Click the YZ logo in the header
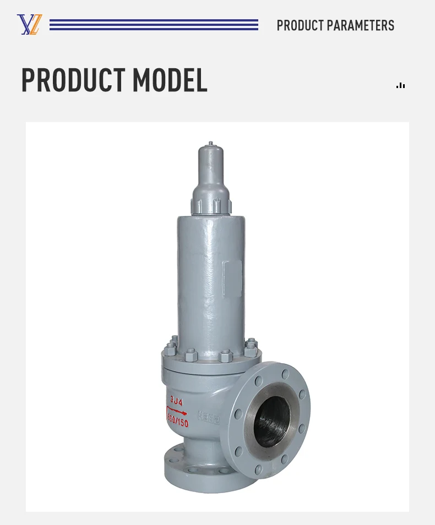[29, 25]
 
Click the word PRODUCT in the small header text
[300, 25]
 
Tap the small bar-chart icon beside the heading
[401, 85]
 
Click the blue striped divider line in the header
[154, 25]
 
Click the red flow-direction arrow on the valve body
[177, 412]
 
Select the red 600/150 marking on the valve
[177, 422]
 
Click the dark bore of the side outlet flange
[273, 421]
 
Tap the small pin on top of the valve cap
[211, 144]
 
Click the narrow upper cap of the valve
[211, 168]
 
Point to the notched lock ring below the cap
[211, 206]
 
